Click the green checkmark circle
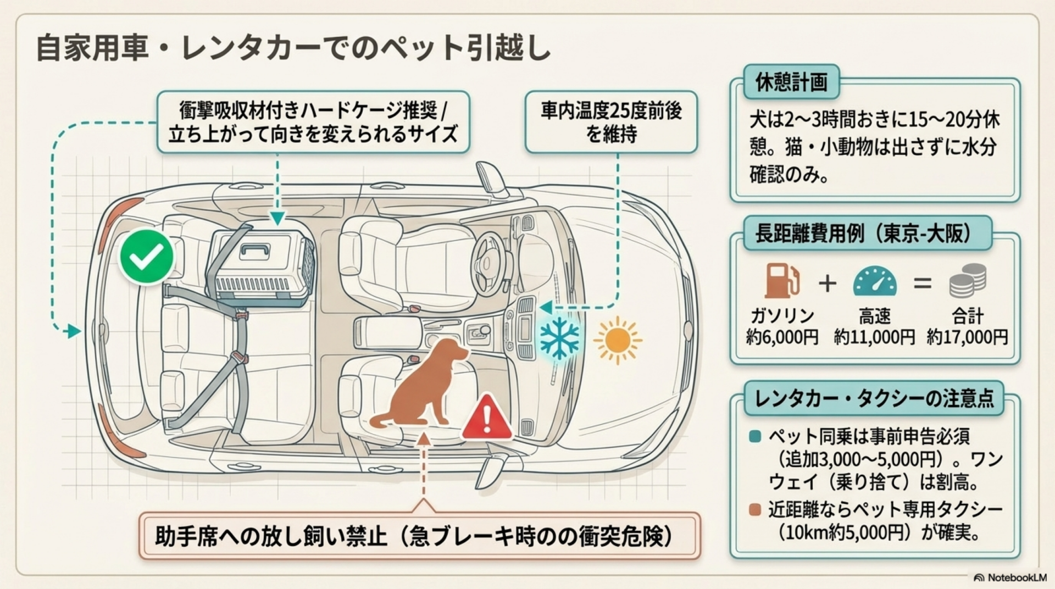[x=147, y=257]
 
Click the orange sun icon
[x=618, y=340]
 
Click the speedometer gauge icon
[x=874, y=281]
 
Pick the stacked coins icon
[x=968, y=280]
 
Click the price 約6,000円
[x=782, y=337]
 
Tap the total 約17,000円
[x=967, y=337]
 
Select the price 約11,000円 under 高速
[x=874, y=337]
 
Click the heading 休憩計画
[x=791, y=82]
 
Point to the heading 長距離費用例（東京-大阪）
[x=867, y=234]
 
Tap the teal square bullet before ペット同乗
[x=755, y=437]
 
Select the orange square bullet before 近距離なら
[x=755, y=509]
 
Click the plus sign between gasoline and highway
[x=827, y=284]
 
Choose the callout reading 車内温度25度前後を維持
[x=611, y=122]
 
